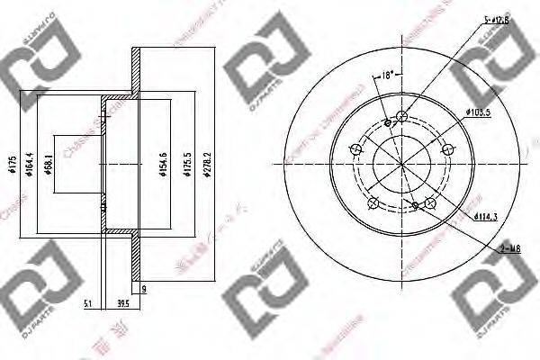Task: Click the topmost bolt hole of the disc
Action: pyautogui.click(x=401, y=116)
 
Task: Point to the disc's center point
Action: pyautogui.click(x=401, y=162)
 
